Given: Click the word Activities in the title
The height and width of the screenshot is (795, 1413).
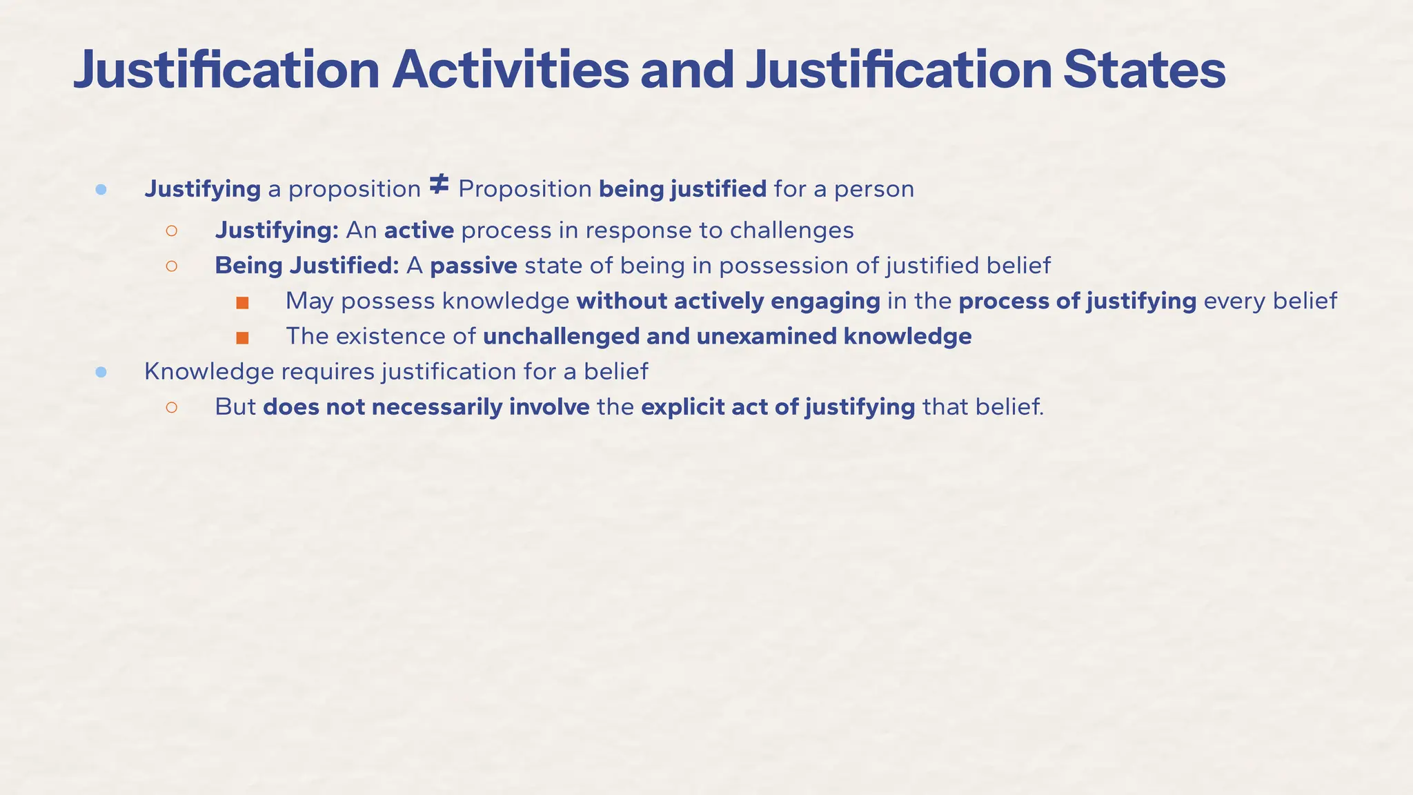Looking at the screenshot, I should pos(510,70).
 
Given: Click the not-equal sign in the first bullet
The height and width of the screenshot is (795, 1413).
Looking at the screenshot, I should pos(439,185).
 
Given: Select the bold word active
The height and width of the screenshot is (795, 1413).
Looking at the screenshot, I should pos(419,230).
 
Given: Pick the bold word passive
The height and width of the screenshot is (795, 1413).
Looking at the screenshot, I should pos(473,266).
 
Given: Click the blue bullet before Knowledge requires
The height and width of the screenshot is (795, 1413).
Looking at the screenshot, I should pos(101,373).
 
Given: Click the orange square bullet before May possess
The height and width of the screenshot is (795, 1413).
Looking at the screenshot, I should pos(242,303).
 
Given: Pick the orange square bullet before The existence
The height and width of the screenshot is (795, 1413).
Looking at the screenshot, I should pos(242,338).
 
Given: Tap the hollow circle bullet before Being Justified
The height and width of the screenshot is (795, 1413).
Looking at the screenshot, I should pos(172,266).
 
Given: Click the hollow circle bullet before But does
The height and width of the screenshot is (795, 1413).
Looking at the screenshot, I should pos(172,408).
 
